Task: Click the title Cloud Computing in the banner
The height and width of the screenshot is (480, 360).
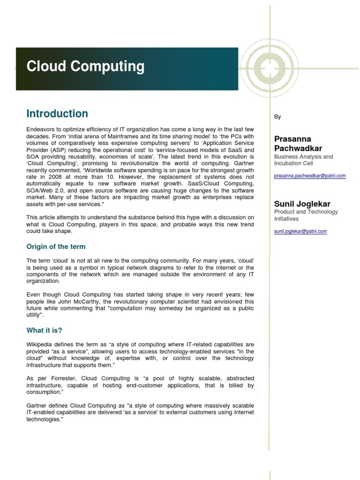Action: click(85, 67)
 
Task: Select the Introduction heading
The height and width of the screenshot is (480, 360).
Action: click(57, 114)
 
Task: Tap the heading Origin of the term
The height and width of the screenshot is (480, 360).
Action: click(56, 247)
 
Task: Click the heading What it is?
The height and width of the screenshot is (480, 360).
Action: click(45, 330)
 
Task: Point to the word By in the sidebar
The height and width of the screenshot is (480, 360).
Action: click(277, 117)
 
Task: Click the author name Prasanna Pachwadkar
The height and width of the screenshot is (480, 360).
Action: click(298, 144)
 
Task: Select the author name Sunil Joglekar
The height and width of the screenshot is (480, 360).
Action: click(302, 204)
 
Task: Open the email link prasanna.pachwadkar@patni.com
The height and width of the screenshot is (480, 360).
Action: click(310, 176)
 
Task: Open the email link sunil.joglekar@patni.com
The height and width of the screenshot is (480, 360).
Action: click(300, 231)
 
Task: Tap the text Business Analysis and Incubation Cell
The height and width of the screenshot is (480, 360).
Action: click(303, 160)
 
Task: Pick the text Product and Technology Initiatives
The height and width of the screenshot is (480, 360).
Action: click(306, 215)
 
